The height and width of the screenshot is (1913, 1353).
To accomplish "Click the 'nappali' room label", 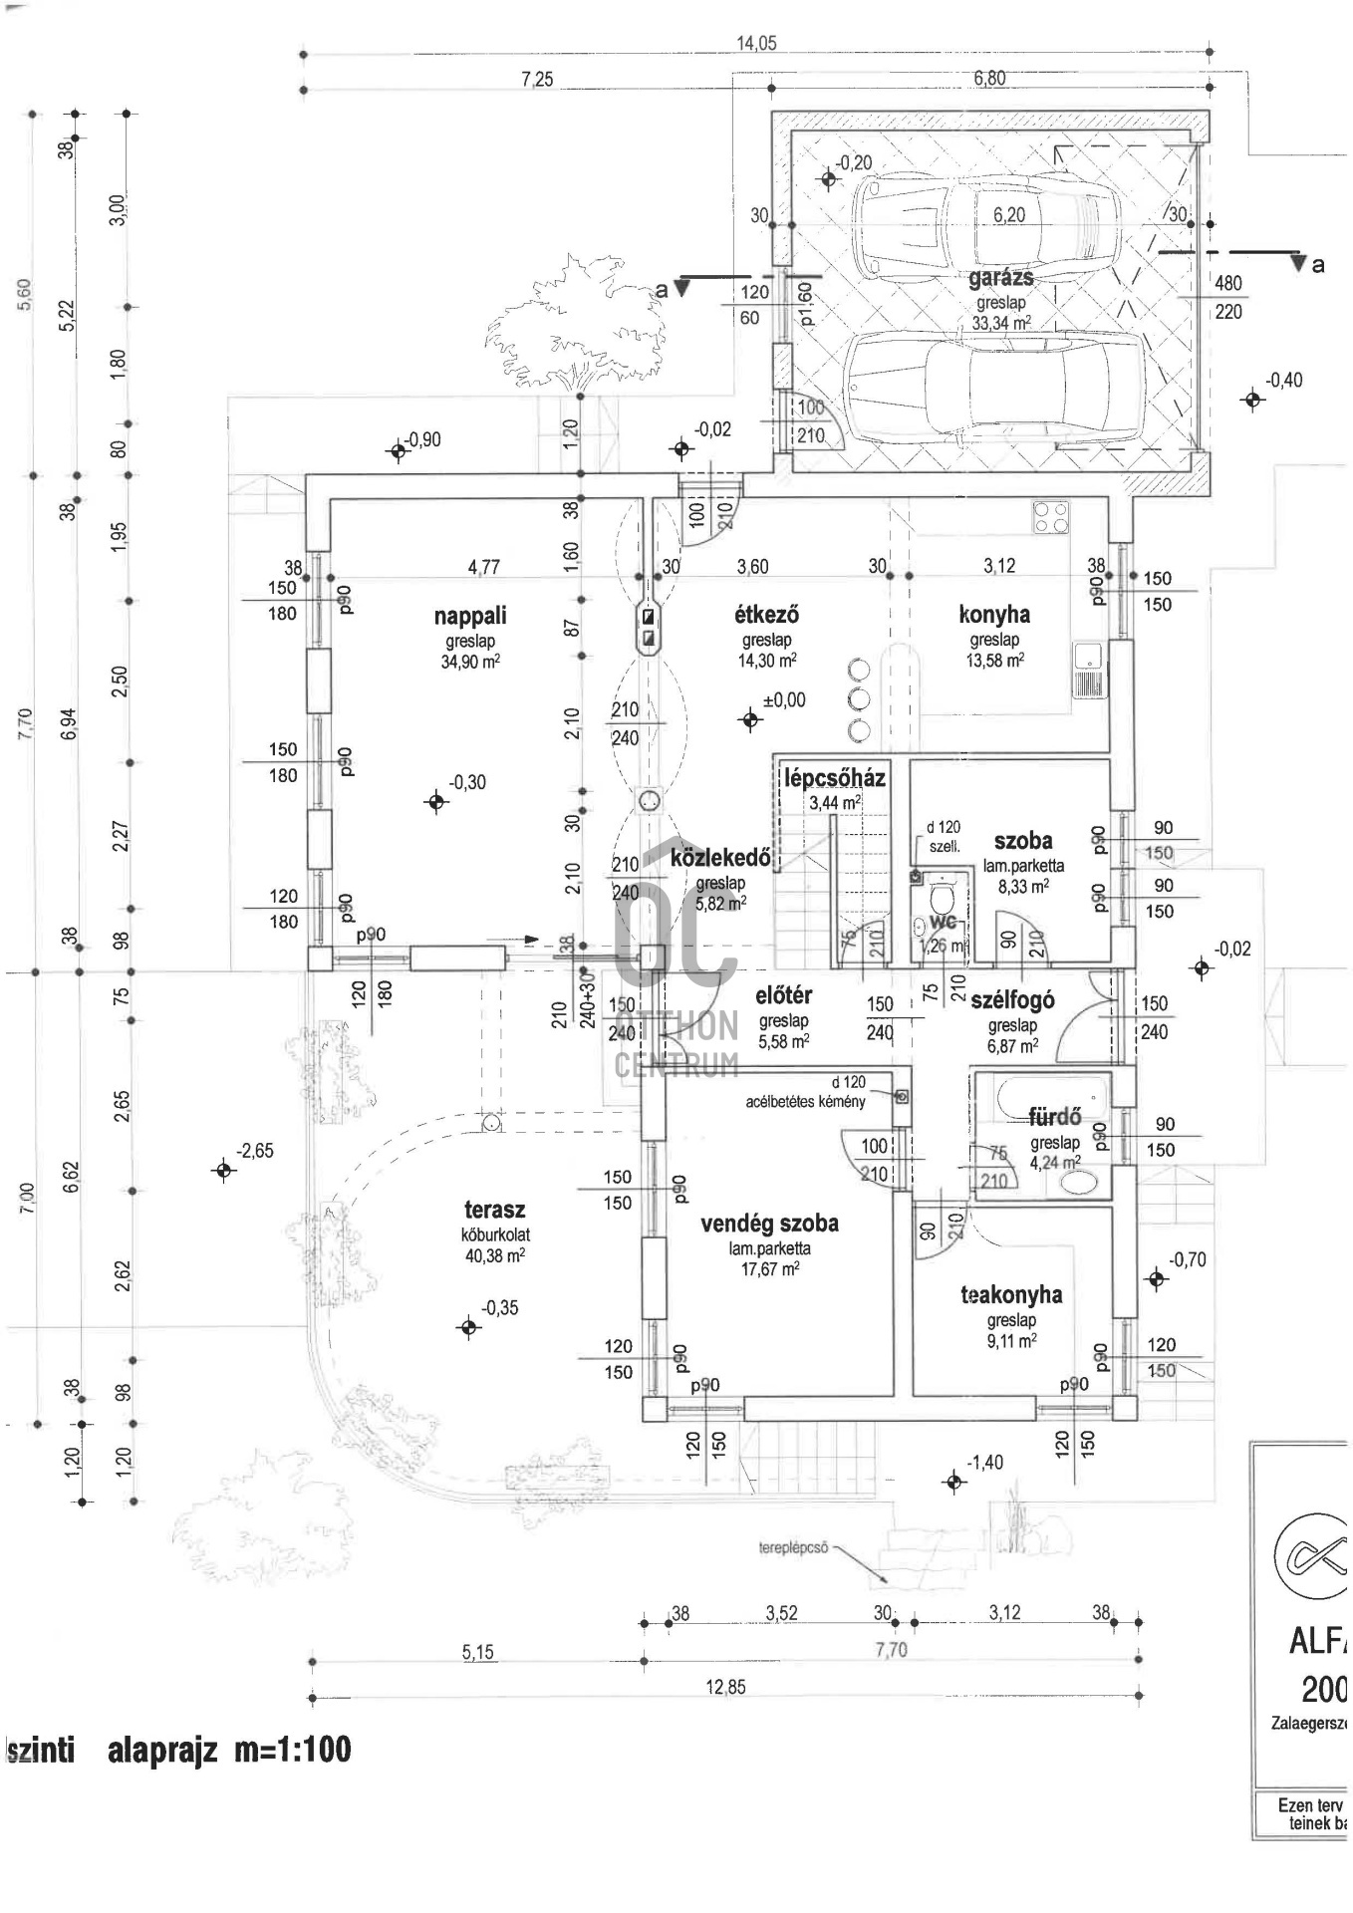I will tap(470, 616).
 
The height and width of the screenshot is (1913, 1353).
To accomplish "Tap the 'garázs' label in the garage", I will tap(1000, 278).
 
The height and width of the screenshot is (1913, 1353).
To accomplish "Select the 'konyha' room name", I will tap(994, 615).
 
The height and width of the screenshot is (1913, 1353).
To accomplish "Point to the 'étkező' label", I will tap(766, 615).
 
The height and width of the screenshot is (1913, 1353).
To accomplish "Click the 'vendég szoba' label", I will tap(769, 1224).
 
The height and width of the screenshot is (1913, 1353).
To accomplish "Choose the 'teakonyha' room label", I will tap(1011, 1295).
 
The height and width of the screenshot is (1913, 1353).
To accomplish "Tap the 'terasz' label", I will tap(494, 1211).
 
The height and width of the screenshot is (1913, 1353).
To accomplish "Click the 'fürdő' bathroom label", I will tap(1055, 1118).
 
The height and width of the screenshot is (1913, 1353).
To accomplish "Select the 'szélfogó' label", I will tap(1012, 1000).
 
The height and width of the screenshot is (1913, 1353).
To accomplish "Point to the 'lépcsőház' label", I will tap(835, 778).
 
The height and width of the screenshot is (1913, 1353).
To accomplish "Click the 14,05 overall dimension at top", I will tap(756, 43).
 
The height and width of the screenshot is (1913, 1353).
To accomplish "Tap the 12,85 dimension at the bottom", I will tap(725, 1687).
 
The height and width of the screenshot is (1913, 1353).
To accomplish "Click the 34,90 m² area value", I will tap(470, 662).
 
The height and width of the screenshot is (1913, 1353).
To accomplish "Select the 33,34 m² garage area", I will tap(1000, 323).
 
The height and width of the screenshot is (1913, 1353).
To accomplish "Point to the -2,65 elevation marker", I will tap(224, 1170).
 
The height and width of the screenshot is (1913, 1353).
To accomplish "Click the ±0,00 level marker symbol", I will tap(750, 719).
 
